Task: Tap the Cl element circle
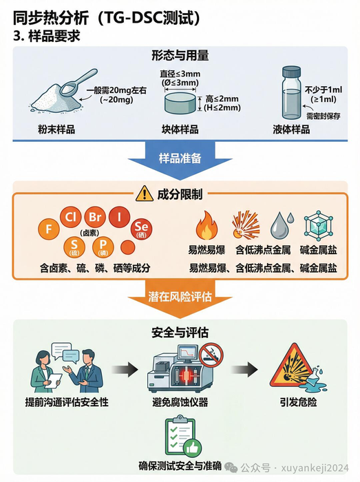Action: (70, 216)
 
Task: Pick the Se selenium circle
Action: (141, 227)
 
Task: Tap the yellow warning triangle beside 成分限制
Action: (144, 193)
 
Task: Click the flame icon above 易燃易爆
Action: (206, 226)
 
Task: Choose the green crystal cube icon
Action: (317, 225)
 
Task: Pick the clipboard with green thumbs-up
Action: (180, 437)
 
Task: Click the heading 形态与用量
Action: (180, 55)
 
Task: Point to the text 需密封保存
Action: (324, 115)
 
